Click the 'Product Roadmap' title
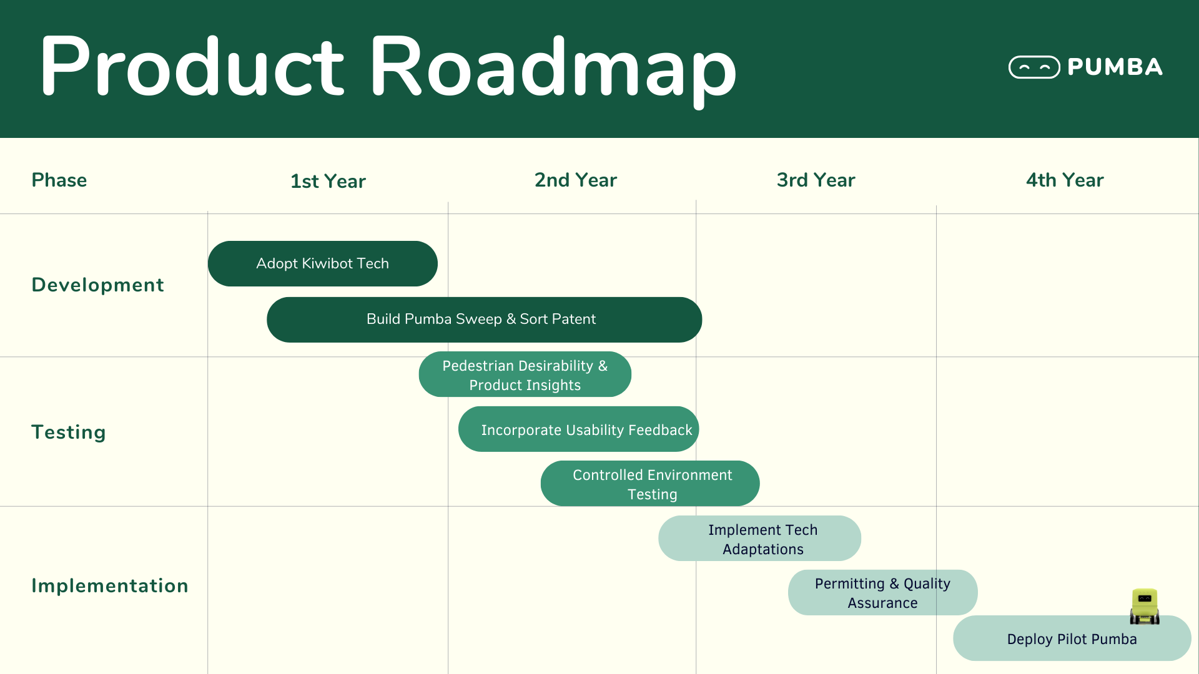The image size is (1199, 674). point(388,67)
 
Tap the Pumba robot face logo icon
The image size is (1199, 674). point(1034,67)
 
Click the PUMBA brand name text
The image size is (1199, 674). point(1115,67)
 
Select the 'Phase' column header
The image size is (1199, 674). point(59,180)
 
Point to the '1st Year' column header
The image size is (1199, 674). point(328,181)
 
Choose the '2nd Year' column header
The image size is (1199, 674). point(575,180)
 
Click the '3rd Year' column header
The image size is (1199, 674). point(816,180)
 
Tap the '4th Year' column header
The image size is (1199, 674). point(1065,180)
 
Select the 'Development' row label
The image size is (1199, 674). point(97,285)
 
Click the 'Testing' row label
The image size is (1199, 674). point(69,432)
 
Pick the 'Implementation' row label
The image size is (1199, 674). point(110,586)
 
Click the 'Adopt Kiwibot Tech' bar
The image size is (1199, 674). point(322,264)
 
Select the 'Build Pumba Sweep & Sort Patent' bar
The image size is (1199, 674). point(484,320)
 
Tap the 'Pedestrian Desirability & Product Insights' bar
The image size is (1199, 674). point(525,375)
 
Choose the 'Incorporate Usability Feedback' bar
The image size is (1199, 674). point(578,429)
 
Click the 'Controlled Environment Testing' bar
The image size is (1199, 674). point(649,484)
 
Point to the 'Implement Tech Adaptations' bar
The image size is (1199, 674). point(759,539)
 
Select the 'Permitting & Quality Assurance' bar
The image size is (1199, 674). point(882,593)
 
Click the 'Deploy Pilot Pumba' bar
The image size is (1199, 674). point(1072,639)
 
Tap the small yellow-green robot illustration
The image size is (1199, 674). point(1145,606)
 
